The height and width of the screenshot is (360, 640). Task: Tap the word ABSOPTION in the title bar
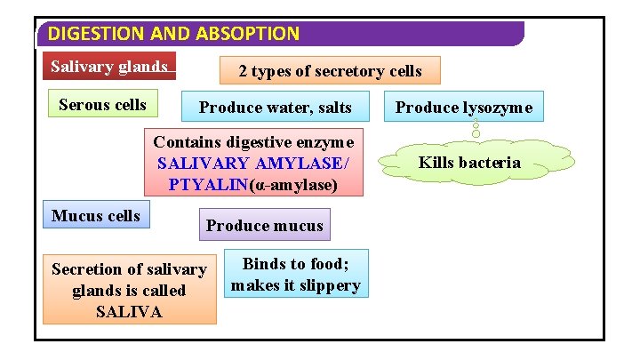click(251, 35)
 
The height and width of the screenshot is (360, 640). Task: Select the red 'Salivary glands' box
click(109, 67)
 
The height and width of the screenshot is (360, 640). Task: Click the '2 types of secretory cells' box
click(329, 71)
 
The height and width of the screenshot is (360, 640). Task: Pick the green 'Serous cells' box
click(102, 105)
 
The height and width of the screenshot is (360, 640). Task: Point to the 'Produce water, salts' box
click(275, 108)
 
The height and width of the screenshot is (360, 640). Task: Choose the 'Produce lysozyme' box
click(463, 108)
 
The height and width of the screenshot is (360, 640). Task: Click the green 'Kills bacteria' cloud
click(469, 163)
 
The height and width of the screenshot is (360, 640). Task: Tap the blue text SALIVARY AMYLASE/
click(253, 164)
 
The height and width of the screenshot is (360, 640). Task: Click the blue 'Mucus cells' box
click(96, 216)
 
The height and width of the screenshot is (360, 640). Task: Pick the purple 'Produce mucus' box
click(264, 225)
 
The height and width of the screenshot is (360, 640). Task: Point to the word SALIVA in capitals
click(129, 311)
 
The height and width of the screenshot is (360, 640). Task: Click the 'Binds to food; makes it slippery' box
click(295, 275)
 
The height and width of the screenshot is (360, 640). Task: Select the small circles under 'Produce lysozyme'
click(476, 128)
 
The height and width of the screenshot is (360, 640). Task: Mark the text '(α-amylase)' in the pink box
click(294, 185)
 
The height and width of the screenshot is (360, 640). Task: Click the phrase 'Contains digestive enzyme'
click(253, 142)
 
